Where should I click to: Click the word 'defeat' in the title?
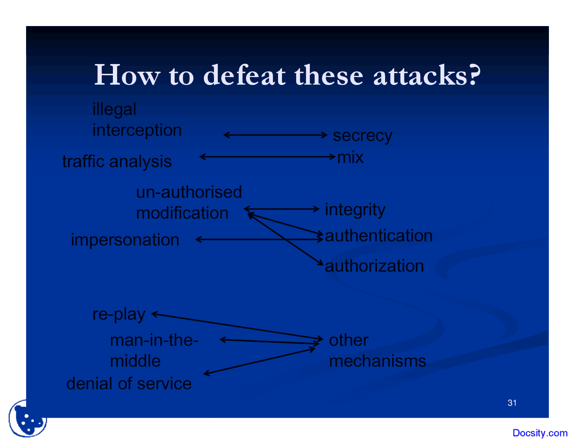(244, 75)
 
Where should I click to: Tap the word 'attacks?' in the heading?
(427, 75)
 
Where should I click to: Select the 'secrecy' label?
(362, 136)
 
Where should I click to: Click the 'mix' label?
(350, 158)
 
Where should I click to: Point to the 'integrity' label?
(355, 210)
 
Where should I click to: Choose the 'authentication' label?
(379, 236)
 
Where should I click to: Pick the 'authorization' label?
(374, 266)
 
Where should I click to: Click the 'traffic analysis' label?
(117, 162)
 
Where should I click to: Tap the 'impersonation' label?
(125, 240)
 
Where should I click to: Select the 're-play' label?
(119, 314)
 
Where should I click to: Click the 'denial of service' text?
(129, 384)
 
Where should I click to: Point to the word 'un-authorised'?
(189, 192)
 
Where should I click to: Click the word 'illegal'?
(114, 110)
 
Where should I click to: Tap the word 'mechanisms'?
(377, 361)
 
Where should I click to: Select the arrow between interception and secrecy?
(275, 135)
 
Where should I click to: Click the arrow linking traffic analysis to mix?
(267, 157)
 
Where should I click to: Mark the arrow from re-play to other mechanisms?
(237, 326)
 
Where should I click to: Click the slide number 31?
(512, 403)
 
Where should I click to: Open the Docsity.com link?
(540, 433)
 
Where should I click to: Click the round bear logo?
(27, 419)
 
